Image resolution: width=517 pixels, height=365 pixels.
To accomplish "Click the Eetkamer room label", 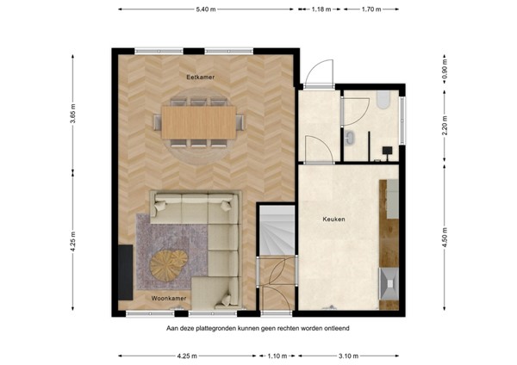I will [200, 77].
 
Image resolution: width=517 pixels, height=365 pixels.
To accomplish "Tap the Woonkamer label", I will [168, 298].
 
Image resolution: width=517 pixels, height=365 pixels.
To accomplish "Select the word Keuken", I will [333, 220].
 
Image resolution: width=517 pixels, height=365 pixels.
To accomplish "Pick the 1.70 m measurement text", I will [371, 9].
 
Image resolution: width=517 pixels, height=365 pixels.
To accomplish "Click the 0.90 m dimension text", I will [445, 67].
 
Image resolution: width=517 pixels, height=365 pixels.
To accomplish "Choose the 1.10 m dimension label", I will [277, 355].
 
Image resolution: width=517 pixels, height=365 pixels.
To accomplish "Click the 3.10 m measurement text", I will [349, 355].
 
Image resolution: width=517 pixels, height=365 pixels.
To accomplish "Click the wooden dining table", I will [200, 122].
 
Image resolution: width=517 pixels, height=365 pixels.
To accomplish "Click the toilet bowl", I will [384, 102].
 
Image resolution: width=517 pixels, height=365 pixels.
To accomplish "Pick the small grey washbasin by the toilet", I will [349, 138].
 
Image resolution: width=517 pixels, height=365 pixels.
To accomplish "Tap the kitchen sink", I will [388, 281].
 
